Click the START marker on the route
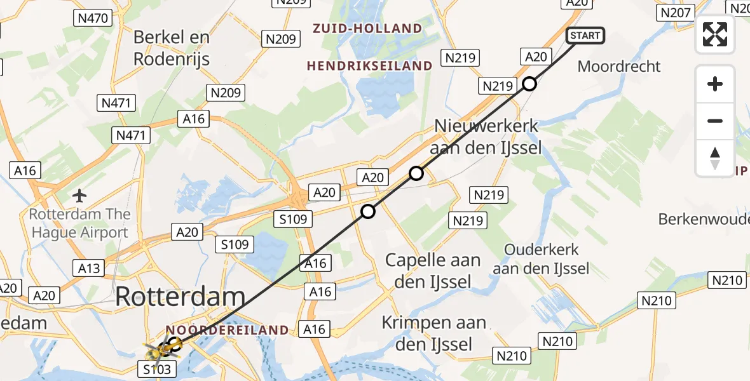tap(585, 36)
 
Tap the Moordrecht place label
tap(619, 67)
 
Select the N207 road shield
tap(675, 13)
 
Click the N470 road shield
tap(92, 18)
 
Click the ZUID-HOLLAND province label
tap(367, 29)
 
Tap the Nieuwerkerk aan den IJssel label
tap(486, 137)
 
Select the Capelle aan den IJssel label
tap(433, 271)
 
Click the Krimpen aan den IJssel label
tap(434, 334)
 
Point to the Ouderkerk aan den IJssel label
tap(542, 259)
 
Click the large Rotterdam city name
tap(181, 297)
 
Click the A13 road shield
tap(89, 269)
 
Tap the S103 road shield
tap(156, 368)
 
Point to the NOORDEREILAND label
tap(227, 330)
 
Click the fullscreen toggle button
tap(715, 34)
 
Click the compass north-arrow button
tap(715, 157)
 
